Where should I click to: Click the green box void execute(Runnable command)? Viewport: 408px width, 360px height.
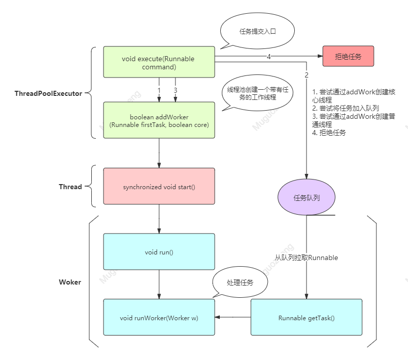coord(159,62)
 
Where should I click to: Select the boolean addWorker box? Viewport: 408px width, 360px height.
coord(159,120)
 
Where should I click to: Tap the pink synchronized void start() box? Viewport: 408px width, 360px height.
coord(159,186)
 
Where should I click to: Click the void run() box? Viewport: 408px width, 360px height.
coord(159,251)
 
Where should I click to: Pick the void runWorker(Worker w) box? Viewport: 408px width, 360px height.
coord(159,317)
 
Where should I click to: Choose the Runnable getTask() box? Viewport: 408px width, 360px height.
coord(307,317)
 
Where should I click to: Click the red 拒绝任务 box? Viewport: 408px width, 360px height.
coord(348,56)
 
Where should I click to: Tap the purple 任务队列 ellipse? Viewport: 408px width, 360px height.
coord(307,197)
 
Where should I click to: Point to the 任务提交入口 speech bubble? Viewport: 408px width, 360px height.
coord(258,31)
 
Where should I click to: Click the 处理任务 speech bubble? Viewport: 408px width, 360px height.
coord(240,282)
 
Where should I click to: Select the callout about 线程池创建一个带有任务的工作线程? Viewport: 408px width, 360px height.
coord(258,93)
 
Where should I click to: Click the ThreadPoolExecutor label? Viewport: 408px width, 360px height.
coord(48,93)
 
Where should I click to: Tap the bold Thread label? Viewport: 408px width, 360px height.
coord(70,187)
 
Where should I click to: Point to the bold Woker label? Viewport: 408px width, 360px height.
coord(70,282)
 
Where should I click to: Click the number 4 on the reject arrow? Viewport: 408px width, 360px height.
coord(269,57)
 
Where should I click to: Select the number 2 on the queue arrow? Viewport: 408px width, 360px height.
coord(307,75)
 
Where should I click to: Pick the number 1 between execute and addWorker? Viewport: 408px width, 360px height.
coord(159,90)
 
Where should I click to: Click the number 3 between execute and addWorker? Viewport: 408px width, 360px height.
coord(175,90)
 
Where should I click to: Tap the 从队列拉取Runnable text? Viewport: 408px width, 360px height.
coord(307,258)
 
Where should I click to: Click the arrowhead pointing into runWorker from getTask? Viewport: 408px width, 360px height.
coord(218,317)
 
